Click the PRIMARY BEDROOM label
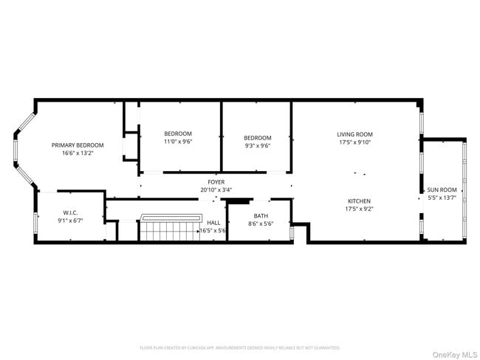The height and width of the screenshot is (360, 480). [x=78, y=145]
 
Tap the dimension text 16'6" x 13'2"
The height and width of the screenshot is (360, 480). [x=78, y=153]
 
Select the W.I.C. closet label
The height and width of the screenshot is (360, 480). [x=70, y=212]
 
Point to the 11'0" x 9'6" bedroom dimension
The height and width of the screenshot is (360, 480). [x=178, y=142]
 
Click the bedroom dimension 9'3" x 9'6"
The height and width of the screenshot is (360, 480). [x=258, y=145]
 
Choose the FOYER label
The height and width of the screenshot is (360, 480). [x=216, y=181]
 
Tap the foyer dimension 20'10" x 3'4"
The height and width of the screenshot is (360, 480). [x=216, y=190]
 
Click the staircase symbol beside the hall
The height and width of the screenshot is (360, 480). [x=171, y=228]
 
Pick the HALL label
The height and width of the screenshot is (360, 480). [x=213, y=222]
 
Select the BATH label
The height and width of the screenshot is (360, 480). [x=261, y=215]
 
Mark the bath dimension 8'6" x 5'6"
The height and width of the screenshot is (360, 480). [x=261, y=224]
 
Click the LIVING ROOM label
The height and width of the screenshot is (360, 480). [x=354, y=134]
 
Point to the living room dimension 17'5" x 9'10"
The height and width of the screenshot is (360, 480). [x=354, y=142]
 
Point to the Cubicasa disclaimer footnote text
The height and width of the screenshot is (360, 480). [x=240, y=347]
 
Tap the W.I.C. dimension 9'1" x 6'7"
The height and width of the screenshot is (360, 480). [x=70, y=220]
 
